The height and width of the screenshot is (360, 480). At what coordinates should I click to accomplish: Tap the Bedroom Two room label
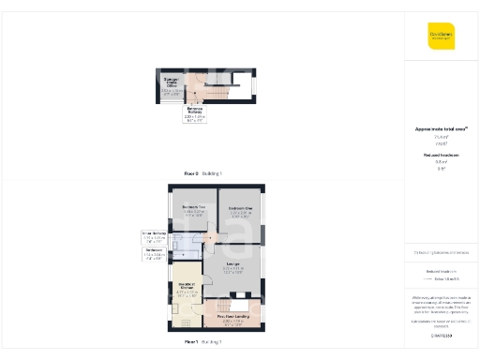pyautogui.click(x=194, y=209)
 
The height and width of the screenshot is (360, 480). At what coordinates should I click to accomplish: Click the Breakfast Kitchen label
pyautogui.click(x=186, y=289)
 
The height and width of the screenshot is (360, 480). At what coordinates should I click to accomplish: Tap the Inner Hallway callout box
pyautogui.click(x=154, y=235)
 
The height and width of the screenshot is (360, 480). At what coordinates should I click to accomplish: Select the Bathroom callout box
pyautogui.click(x=155, y=253)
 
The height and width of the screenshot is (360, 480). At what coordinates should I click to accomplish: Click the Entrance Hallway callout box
pyautogui.click(x=195, y=114)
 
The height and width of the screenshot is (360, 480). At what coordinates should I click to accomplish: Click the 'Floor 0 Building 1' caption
pyautogui.click(x=202, y=173)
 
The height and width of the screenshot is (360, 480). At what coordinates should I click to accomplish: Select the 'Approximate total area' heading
pyautogui.click(x=441, y=128)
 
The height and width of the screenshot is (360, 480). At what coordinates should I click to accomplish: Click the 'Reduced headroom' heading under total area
pyautogui.click(x=441, y=155)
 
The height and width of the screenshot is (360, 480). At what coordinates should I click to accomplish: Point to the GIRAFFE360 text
pyautogui.click(x=441, y=335)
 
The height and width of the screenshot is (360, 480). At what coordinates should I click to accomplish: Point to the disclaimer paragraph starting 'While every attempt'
pyautogui.click(x=441, y=305)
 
